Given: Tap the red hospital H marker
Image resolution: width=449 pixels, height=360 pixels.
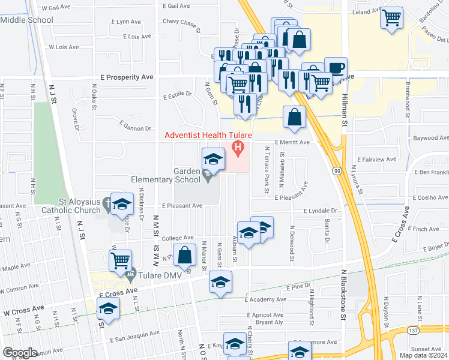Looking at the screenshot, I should (238, 146).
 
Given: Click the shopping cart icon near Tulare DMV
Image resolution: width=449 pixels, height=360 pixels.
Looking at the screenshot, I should (121, 260).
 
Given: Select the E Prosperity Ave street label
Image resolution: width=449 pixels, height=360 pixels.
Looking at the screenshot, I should (127, 77).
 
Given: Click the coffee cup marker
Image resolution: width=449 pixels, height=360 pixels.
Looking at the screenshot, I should (336, 67).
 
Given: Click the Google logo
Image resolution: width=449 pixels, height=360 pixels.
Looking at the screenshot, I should (20, 353).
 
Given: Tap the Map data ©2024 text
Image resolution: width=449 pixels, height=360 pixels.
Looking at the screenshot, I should (423, 355).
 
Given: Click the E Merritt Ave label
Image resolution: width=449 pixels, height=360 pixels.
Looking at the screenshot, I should (292, 142).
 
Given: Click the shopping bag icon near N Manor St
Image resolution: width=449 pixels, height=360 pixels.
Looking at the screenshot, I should (185, 254).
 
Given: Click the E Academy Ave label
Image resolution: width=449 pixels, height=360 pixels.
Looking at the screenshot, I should (266, 299).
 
